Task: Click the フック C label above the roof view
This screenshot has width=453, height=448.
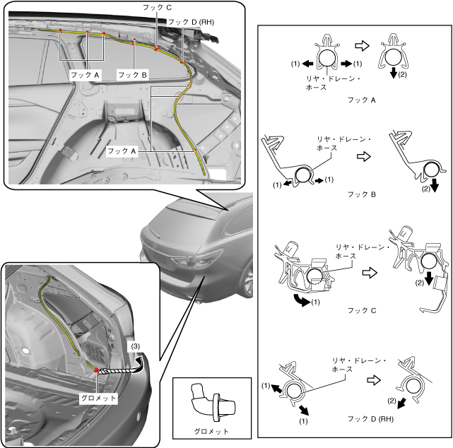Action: pos(157,7)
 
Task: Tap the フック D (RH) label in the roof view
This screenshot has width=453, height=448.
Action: pos(191,22)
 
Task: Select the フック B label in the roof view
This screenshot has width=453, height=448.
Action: pos(133,75)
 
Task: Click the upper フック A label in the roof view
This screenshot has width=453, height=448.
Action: pos(85,75)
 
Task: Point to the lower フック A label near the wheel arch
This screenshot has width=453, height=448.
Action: pos(122,151)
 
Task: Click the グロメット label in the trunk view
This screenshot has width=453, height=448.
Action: pos(98,398)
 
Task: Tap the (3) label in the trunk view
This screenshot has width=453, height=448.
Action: pos(136,346)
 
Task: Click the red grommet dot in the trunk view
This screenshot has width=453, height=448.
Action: pos(97,370)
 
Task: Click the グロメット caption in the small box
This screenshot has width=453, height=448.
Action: pos(211,432)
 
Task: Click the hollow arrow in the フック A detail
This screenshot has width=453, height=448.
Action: pos(363,45)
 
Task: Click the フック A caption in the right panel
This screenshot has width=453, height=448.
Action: pos(362,100)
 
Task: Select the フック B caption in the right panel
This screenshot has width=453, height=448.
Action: pos(362,194)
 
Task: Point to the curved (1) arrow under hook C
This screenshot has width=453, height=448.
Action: pos(301,300)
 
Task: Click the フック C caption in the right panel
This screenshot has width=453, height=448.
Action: pos(362,310)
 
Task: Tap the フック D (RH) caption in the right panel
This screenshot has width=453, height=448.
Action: pos(370,418)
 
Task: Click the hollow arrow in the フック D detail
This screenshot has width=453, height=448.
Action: pos(374,380)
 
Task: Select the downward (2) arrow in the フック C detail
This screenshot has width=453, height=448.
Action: pos(429,278)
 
